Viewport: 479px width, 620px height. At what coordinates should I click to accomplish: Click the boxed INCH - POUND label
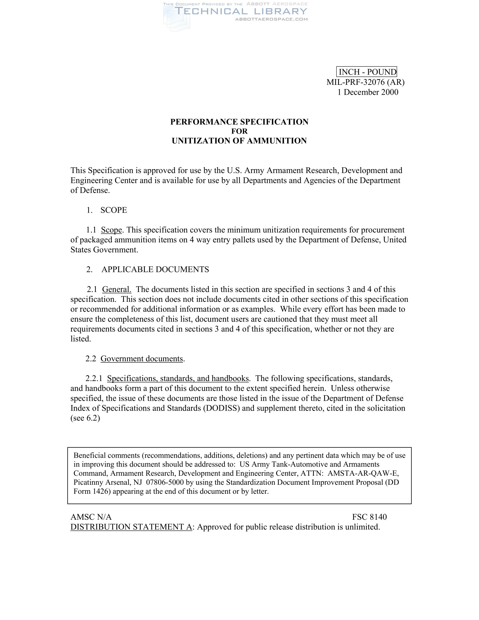366,72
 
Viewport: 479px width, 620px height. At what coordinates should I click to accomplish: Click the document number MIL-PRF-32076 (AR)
365,82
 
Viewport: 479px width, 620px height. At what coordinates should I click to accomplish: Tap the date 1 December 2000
368,92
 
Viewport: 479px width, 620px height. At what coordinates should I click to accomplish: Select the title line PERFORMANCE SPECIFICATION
239,122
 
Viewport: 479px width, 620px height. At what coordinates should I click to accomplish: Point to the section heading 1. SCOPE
107,210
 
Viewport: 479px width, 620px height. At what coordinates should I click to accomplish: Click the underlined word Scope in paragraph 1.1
112,230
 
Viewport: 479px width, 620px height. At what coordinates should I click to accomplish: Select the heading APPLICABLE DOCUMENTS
155,269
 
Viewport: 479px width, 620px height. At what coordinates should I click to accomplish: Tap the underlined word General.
117,289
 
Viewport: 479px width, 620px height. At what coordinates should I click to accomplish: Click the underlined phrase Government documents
142,358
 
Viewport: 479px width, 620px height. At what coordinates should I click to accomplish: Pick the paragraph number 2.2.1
94,378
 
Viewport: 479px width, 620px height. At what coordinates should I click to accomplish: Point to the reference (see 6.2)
85,418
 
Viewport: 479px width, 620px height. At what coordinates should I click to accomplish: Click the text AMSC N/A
91,517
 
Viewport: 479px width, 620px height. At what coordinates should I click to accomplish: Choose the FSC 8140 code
369,517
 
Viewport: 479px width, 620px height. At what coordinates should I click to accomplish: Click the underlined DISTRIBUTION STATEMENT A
131,527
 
